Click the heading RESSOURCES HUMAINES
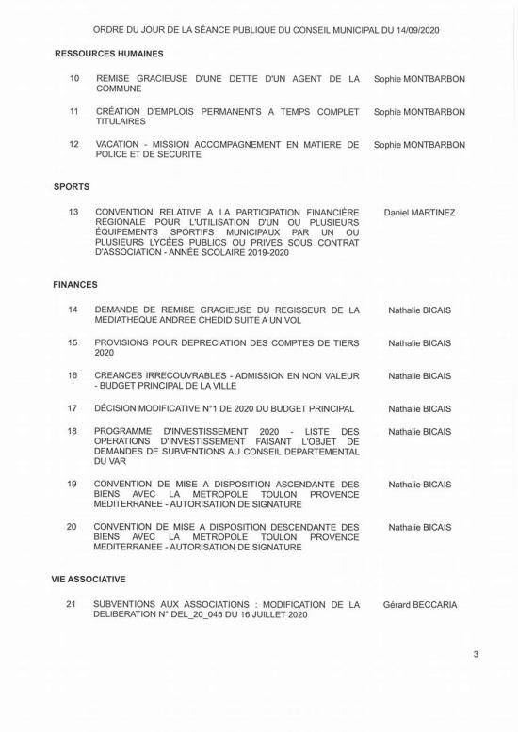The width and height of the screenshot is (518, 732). tap(109, 54)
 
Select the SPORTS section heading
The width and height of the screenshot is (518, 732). tap(72, 187)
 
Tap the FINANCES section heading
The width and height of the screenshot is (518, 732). tap(75, 284)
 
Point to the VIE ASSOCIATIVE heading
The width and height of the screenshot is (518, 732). tap(89, 580)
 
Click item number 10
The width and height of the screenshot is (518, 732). tap(74, 79)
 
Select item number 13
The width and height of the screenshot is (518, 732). tap(74, 213)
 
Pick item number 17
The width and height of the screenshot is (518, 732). tap(72, 409)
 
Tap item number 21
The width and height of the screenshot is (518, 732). tap(72, 604)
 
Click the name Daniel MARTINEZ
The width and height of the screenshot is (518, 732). tap(419, 213)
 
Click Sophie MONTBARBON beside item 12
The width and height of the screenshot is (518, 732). tap(419, 145)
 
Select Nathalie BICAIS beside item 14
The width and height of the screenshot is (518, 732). tap(419, 310)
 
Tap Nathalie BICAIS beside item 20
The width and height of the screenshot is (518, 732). tap(419, 528)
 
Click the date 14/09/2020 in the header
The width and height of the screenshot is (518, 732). tap(413, 30)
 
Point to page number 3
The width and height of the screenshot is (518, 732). tap(476, 654)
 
